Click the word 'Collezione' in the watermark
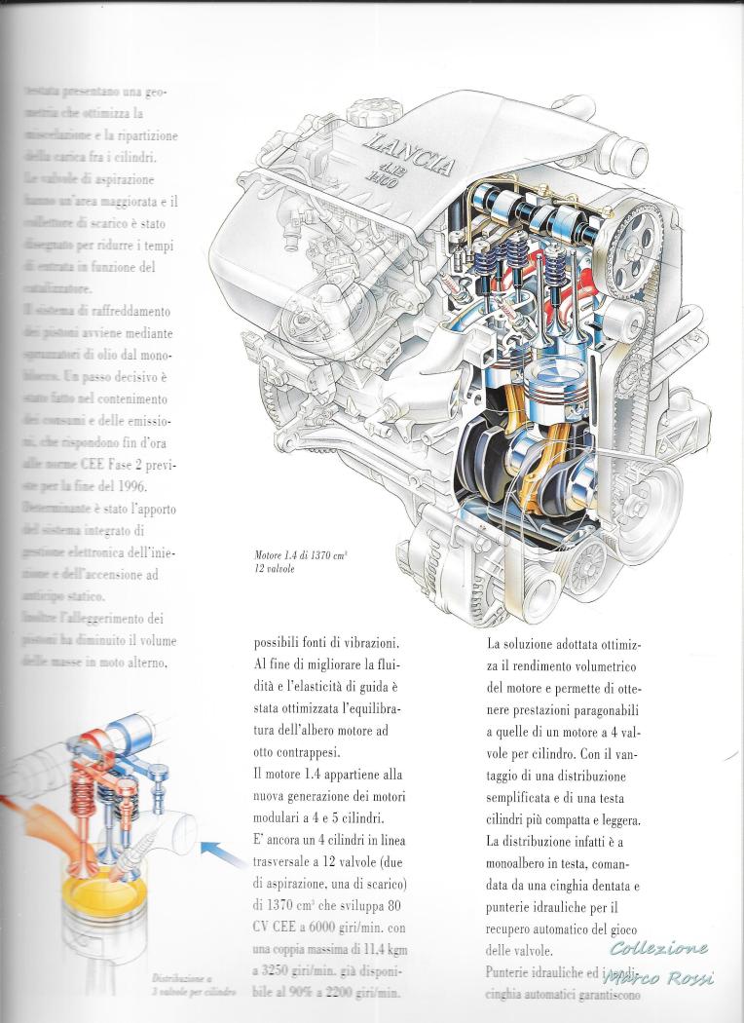[x=659, y=949]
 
